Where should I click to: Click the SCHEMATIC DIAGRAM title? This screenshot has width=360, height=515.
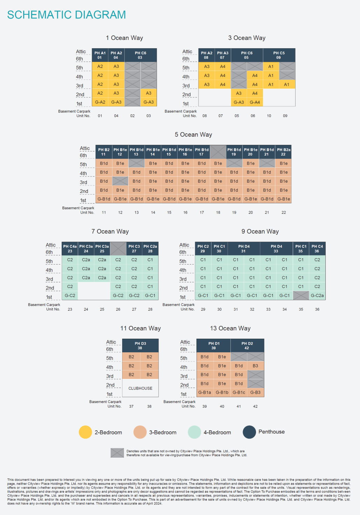pyautogui.click(x=67, y=15)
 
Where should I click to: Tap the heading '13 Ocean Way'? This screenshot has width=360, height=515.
pyautogui.click(x=230, y=328)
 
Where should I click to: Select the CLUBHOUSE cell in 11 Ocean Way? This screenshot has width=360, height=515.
pyautogui.click(x=140, y=388)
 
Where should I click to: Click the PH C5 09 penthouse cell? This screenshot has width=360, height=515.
pyautogui.click(x=279, y=55)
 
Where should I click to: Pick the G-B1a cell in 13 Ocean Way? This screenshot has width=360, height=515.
pyautogui.click(x=205, y=393)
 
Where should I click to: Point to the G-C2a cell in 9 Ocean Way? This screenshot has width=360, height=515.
pyautogui.click(x=317, y=296)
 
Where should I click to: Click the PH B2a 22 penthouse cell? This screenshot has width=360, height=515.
pyautogui.click(x=283, y=152)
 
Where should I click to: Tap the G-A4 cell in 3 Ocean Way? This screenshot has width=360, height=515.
pyautogui.click(x=255, y=102)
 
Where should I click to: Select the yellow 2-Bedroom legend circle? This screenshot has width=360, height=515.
pyautogui.click(x=85, y=432)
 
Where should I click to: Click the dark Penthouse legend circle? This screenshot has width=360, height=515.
pyautogui.click(x=249, y=432)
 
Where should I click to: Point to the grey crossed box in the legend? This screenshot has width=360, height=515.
pyautogui.click(x=117, y=453)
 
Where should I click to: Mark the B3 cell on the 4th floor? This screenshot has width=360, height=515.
pyautogui.click(x=255, y=366)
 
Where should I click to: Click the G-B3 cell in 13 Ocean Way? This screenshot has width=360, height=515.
pyautogui.click(x=255, y=393)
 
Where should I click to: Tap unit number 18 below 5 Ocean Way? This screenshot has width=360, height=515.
pyautogui.click(x=218, y=212)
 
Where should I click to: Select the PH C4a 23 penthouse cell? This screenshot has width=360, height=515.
pyautogui.click(x=70, y=249)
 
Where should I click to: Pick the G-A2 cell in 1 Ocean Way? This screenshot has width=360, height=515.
pyautogui.click(x=100, y=102)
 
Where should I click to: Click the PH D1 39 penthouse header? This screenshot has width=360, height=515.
pyautogui.click(x=214, y=346)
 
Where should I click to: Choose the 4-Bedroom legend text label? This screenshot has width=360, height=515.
pyautogui.click(x=217, y=432)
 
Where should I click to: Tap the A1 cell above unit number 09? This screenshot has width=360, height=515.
pyautogui.click(x=286, y=84)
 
